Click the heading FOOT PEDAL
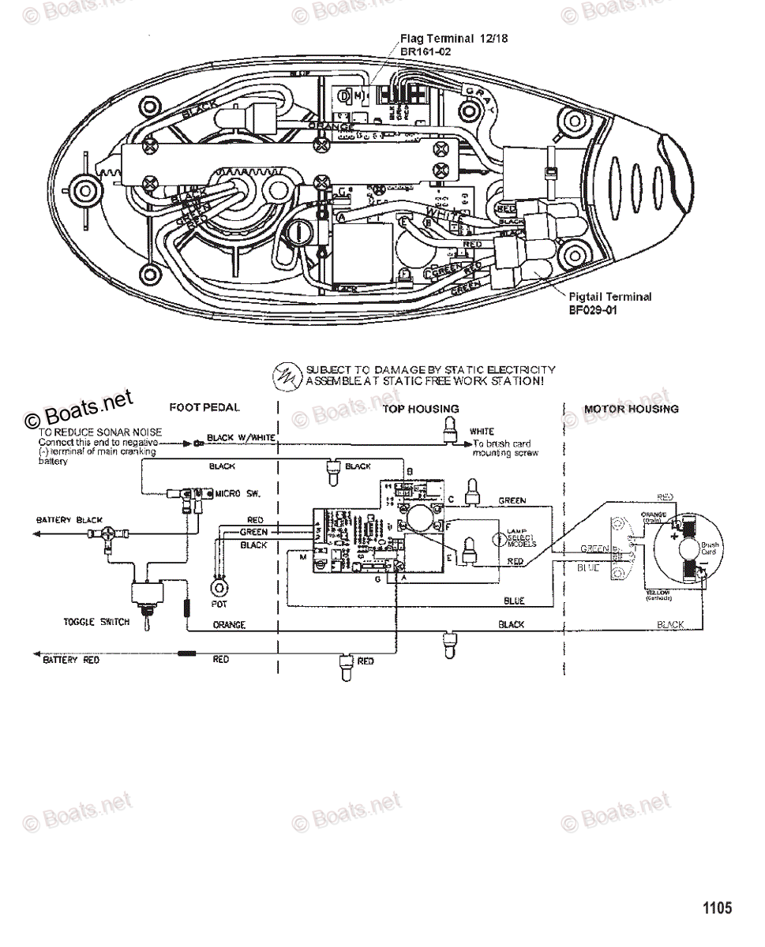(204, 408)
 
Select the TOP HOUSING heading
(421, 409)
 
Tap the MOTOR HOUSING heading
(631, 409)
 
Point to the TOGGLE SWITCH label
(96, 622)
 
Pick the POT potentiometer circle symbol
(219, 588)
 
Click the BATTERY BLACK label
(69, 521)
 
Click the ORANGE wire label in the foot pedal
(229, 625)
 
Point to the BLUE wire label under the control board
(514, 601)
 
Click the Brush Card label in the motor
(710, 548)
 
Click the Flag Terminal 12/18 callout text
(442, 38)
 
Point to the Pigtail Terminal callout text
(609, 298)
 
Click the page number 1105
(717, 908)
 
